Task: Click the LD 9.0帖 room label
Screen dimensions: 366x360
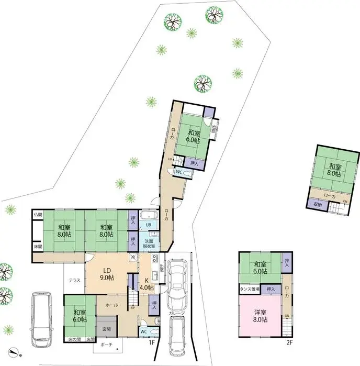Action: (107, 273)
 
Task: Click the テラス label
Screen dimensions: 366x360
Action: (74, 281)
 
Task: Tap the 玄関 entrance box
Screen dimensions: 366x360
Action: (106, 328)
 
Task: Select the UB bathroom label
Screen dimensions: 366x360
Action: (149, 226)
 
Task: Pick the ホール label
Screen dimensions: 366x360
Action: (111, 304)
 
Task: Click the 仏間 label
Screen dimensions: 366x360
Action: (38, 215)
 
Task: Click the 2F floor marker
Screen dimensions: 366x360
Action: (289, 343)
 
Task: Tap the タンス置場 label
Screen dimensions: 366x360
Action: (250, 289)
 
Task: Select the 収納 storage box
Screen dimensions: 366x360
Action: (318, 204)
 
